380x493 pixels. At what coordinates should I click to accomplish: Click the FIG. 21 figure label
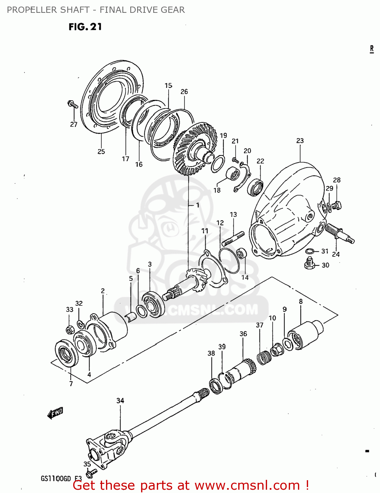pos(85,27)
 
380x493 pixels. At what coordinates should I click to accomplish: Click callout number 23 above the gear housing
pos(300,141)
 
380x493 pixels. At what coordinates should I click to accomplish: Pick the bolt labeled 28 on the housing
pos(336,206)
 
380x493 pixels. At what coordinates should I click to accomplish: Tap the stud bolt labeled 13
pos(233,239)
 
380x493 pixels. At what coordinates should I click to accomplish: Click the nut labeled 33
pos(69,329)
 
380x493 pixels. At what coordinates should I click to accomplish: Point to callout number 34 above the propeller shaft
pos(120,400)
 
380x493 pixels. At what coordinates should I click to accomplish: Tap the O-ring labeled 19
pos(218,164)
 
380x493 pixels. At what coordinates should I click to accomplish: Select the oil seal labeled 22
pos(255,188)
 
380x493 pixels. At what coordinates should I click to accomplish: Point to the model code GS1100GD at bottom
pos(56,478)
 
